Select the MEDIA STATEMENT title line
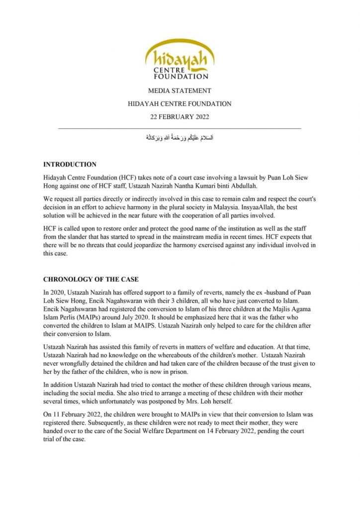tap(180, 91)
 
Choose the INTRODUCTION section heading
tap(70, 165)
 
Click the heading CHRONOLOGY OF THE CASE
tap(90, 279)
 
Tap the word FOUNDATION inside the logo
tap(181, 77)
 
